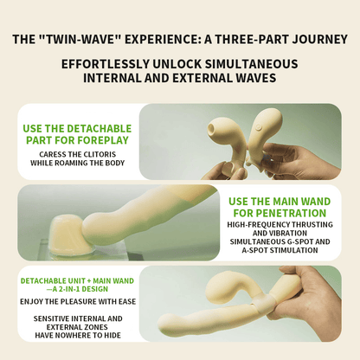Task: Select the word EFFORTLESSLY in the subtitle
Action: pyautogui.click(x=106, y=64)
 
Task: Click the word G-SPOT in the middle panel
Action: pyautogui.click(x=299, y=241)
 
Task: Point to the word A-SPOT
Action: pyautogui.click(x=255, y=250)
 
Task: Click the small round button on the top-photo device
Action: pyautogui.click(x=259, y=126)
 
